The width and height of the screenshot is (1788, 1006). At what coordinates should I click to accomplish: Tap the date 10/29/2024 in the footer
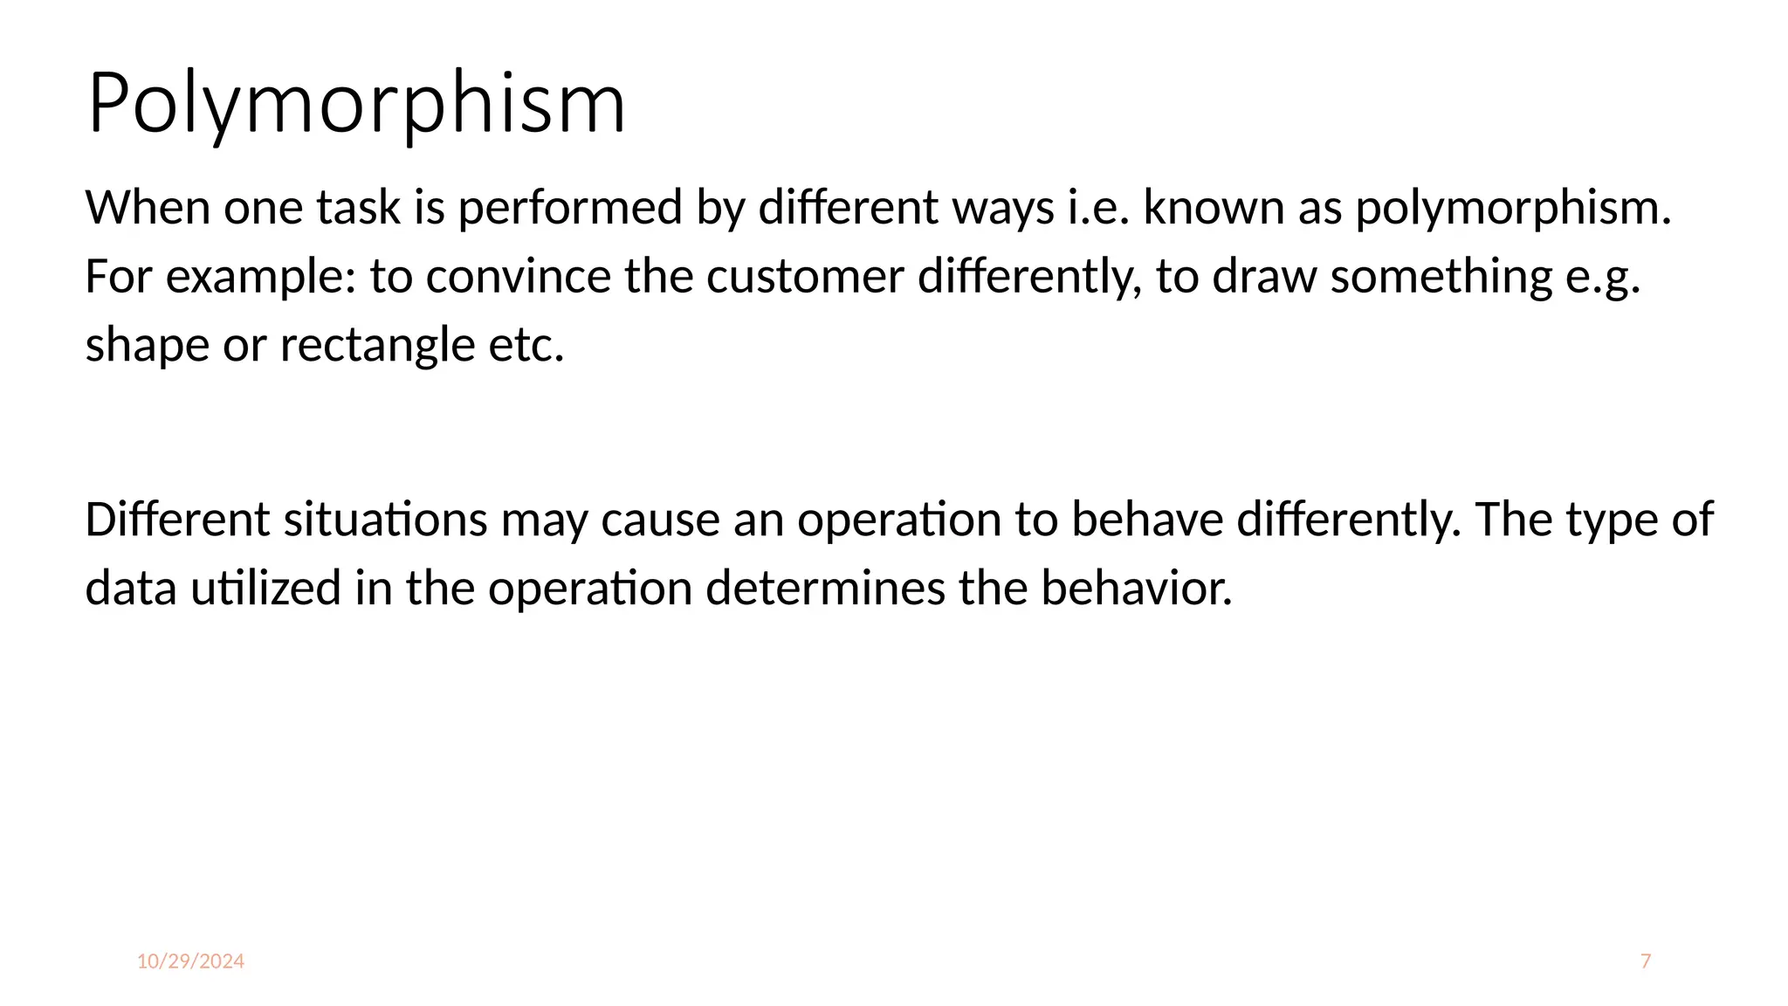click(x=190, y=961)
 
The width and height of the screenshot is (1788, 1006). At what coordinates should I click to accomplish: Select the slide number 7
click(x=1646, y=961)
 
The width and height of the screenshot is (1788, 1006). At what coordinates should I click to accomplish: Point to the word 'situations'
click(x=385, y=520)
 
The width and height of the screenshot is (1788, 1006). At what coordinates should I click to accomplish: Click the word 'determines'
click(x=825, y=589)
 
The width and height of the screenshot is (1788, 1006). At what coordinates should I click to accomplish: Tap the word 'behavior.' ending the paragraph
click(x=1137, y=589)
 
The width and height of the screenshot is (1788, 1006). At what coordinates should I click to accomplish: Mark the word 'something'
click(x=1441, y=279)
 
